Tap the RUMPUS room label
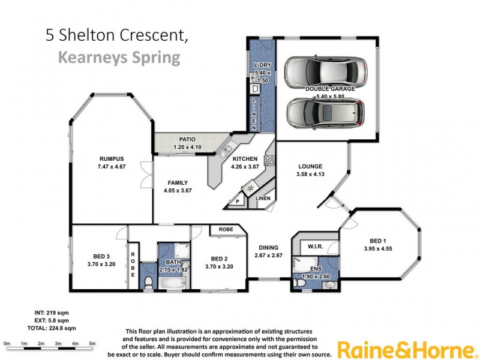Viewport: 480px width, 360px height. (112, 159)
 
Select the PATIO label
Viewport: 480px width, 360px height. (179, 139)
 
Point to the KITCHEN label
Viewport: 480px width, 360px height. (245, 159)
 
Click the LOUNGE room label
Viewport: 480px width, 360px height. (310, 166)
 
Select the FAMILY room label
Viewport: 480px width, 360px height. (178, 183)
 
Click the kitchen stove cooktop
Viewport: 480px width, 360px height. (269, 160)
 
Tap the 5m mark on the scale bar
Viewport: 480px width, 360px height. (93, 343)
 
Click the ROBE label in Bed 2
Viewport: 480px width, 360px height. (226, 229)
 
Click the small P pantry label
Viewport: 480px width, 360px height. (238, 202)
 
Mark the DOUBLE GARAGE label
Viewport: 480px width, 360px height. (331, 88)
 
